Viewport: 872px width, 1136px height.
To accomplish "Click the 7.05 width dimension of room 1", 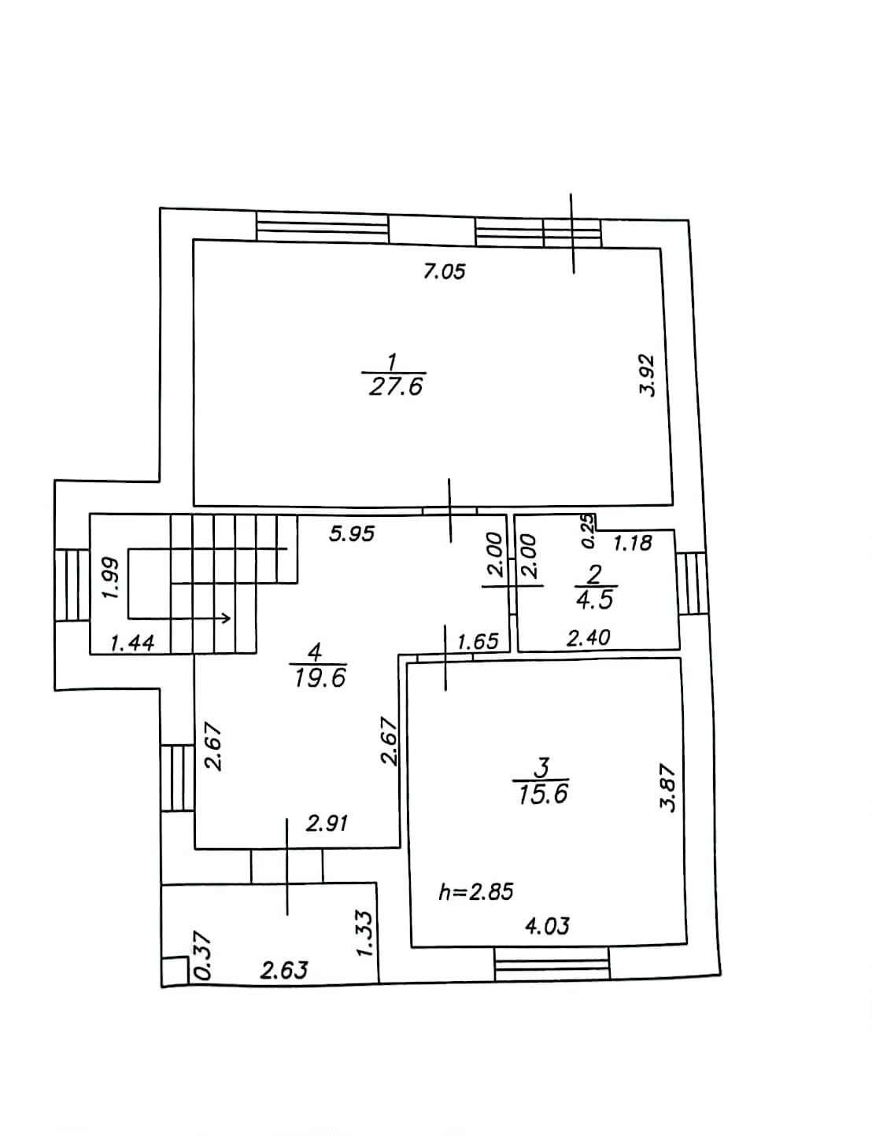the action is click(445, 271).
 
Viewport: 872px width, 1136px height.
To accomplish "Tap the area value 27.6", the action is click(396, 386).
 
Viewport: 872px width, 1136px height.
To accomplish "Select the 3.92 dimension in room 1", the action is click(647, 375).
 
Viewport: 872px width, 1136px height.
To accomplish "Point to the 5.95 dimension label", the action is click(352, 534).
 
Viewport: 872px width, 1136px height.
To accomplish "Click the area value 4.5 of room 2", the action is click(595, 600).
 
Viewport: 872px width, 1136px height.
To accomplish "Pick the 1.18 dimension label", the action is click(633, 543).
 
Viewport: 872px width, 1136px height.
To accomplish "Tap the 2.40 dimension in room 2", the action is click(589, 637).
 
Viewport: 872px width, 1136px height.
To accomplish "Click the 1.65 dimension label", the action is click(478, 641).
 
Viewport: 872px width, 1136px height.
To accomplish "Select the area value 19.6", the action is click(320, 677).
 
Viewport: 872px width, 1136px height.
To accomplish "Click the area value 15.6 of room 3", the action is click(543, 795).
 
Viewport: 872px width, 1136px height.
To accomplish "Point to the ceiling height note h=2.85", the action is click(476, 891).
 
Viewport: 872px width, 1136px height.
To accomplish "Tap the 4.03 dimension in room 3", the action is click(547, 926).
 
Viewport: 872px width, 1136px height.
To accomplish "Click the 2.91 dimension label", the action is click(327, 824).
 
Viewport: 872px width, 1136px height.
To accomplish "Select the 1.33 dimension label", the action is click(364, 934).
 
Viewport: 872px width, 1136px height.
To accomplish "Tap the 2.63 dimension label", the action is click(284, 970).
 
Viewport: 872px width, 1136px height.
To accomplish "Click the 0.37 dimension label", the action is click(202, 955).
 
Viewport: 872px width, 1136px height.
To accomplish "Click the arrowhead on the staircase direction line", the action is click(227, 618).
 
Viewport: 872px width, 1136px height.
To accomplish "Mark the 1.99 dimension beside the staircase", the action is click(111, 579).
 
